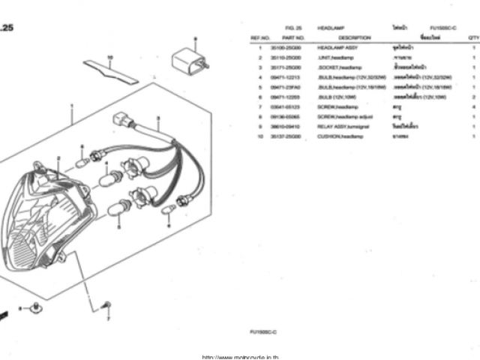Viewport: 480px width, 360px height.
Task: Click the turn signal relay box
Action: [189, 58]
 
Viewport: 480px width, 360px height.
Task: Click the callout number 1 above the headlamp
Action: [72, 107]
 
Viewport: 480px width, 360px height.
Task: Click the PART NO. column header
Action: [292, 36]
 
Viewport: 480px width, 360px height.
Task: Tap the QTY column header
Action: [472, 36]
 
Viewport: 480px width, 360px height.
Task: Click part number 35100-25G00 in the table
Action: [292, 47]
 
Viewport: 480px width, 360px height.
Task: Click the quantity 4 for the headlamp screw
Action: [474, 107]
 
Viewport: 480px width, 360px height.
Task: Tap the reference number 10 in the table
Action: [259, 136]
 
